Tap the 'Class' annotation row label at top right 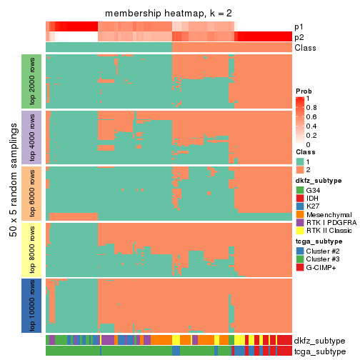306,47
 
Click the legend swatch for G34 300,191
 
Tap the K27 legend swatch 300,209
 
